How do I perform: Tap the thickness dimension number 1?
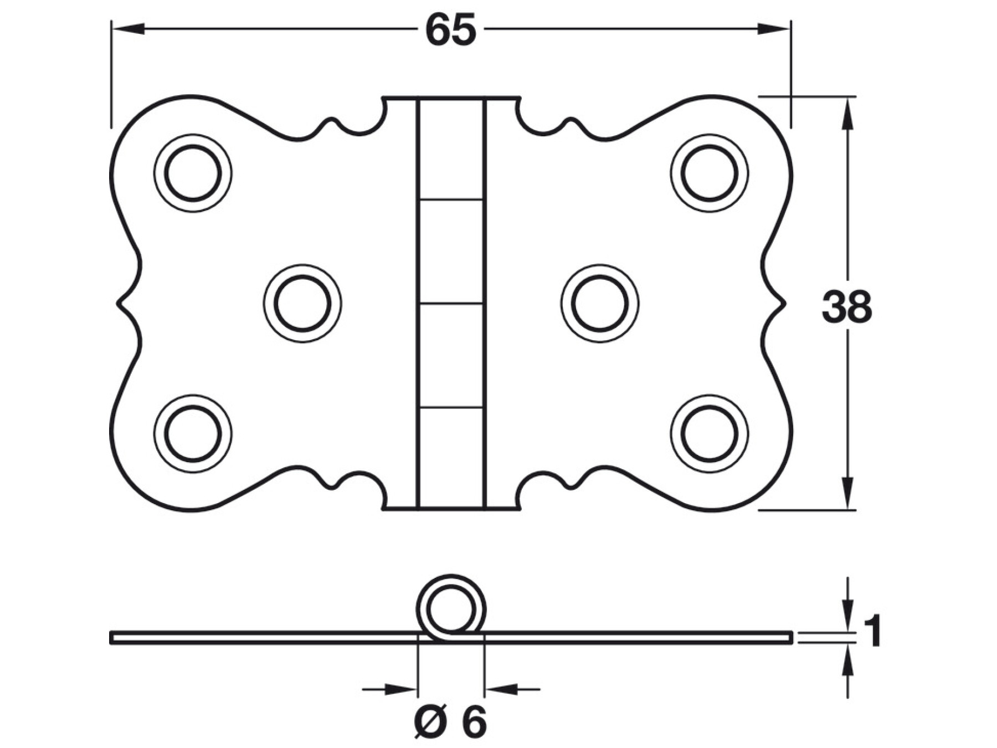point(872,631)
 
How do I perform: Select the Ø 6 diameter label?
point(450,722)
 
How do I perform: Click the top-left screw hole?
point(193,173)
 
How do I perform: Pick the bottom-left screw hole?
point(193,433)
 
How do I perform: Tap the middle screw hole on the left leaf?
point(302,304)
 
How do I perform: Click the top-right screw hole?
point(710,173)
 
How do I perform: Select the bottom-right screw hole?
point(710,433)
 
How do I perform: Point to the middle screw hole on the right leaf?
point(600,304)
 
